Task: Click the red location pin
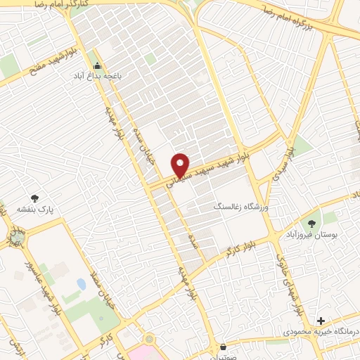point(181,165)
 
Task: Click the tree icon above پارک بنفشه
point(34,199)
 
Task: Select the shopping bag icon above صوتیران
point(224,347)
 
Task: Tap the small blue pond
point(82,284)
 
